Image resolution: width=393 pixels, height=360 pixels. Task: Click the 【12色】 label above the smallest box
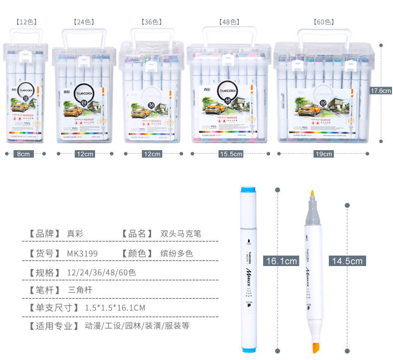pyautogui.click(x=26, y=22)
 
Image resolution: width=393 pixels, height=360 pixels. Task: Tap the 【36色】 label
pyautogui.click(x=152, y=22)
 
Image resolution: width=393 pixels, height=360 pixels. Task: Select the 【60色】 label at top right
pyautogui.click(x=323, y=22)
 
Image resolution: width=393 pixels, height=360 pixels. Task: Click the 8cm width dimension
pyautogui.click(x=24, y=154)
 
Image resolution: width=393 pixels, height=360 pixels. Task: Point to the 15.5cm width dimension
pyautogui.click(x=231, y=154)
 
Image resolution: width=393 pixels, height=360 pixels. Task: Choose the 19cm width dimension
pyautogui.click(x=324, y=154)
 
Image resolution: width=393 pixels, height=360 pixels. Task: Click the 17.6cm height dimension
pyautogui.click(x=382, y=90)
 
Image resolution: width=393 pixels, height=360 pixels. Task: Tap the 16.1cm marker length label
pyautogui.click(x=282, y=261)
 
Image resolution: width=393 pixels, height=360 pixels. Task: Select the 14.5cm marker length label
pyautogui.click(x=347, y=261)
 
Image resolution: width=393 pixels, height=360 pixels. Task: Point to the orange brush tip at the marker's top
pyautogui.click(x=312, y=194)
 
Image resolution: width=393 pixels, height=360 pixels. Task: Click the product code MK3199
pyautogui.click(x=83, y=253)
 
